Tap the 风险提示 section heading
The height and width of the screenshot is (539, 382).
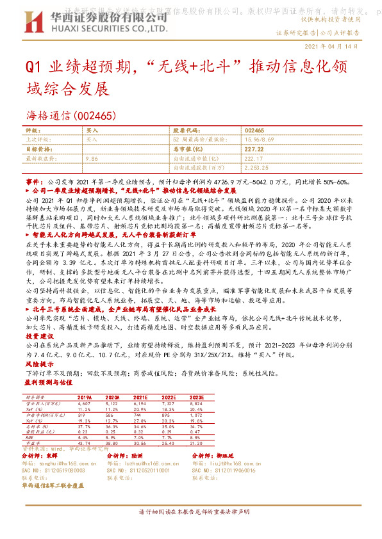[39, 364]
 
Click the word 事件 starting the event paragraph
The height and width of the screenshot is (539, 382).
[33, 182]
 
